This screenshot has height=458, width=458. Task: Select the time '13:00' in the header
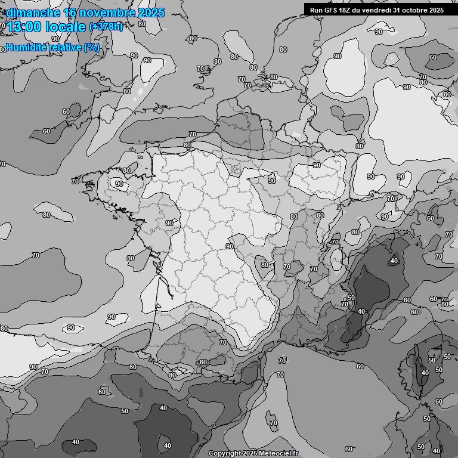[x=23, y=27]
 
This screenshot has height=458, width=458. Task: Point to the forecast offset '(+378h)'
[x=106, y=27]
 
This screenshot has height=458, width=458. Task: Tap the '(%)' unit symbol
[x=91, y=47]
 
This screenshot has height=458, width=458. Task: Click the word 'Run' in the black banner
[x=317, y=10]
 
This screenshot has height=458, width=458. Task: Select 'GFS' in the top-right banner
[x=331, y=10]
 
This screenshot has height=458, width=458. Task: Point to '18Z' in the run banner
[x=347, y=10]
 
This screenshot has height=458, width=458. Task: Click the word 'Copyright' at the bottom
[x=224, y=453]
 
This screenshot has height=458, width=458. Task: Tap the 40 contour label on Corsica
[x=425, y=373]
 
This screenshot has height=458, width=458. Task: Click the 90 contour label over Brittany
[x=119, y=184]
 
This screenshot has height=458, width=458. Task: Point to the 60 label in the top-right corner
[x=433, y=57]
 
